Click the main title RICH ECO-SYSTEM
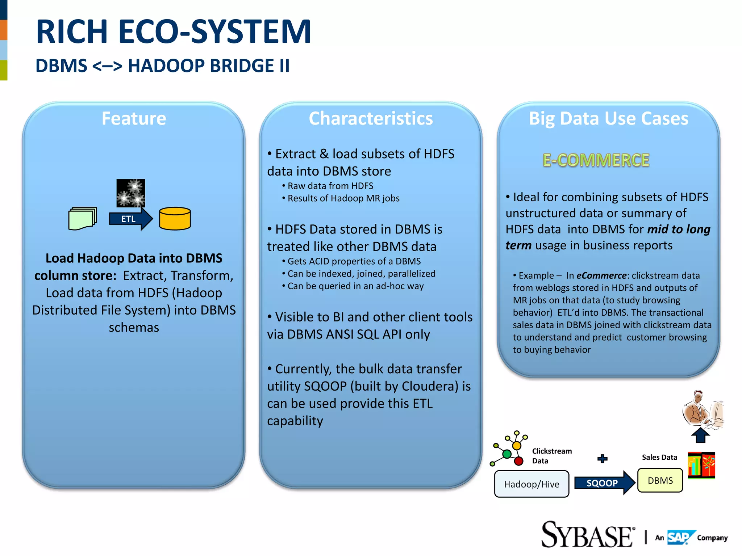click(173, 32)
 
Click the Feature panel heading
click(134, 118)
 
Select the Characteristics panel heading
click(371, 118)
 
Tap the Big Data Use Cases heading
click(608, 118)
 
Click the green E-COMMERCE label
click(596, 160)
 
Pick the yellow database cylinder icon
click(175, 219)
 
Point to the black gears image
click(130, 193)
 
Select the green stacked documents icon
click(83, 218)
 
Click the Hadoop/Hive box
click(532, 484)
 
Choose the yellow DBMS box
click(660, 480)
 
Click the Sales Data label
click(659, 457)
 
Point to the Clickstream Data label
click(551, 456)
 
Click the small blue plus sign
click(602, 459)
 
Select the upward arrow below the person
click(700, 435)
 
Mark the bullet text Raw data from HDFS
click(330, 186)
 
